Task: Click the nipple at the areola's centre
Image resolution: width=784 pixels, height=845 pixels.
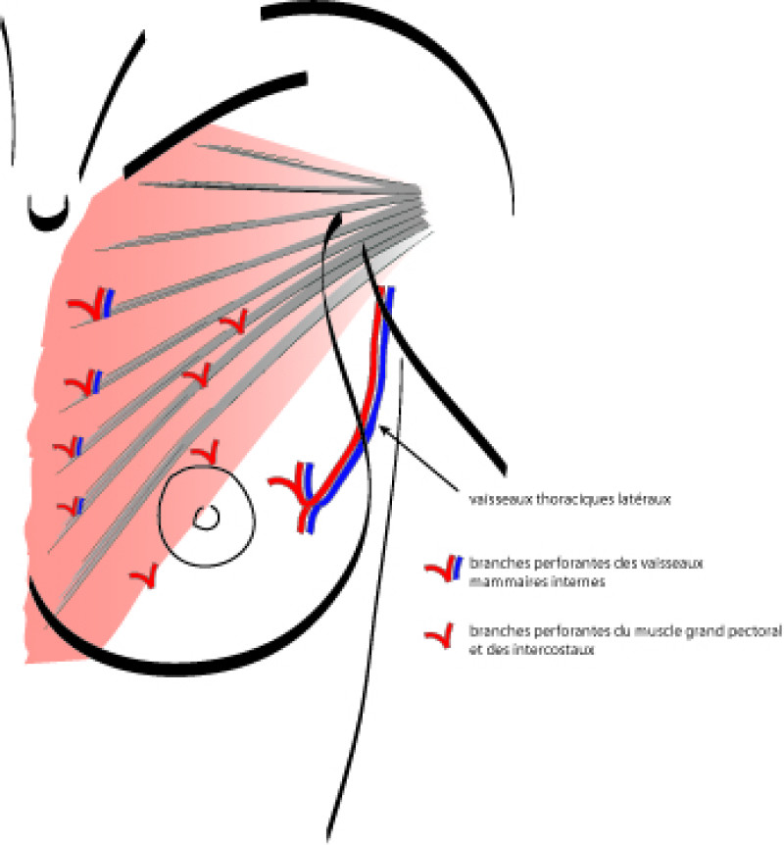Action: point(206,518)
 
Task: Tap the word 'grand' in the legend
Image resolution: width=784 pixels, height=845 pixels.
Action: point(707,633)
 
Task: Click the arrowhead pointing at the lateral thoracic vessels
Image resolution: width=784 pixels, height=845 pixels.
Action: point(383,428)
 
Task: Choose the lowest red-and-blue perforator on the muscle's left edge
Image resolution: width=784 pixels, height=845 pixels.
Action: point(71,507)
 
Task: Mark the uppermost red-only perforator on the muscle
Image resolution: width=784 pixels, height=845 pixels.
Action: point(233,321)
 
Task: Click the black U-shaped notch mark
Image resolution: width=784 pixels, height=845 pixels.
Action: point(45,212)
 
